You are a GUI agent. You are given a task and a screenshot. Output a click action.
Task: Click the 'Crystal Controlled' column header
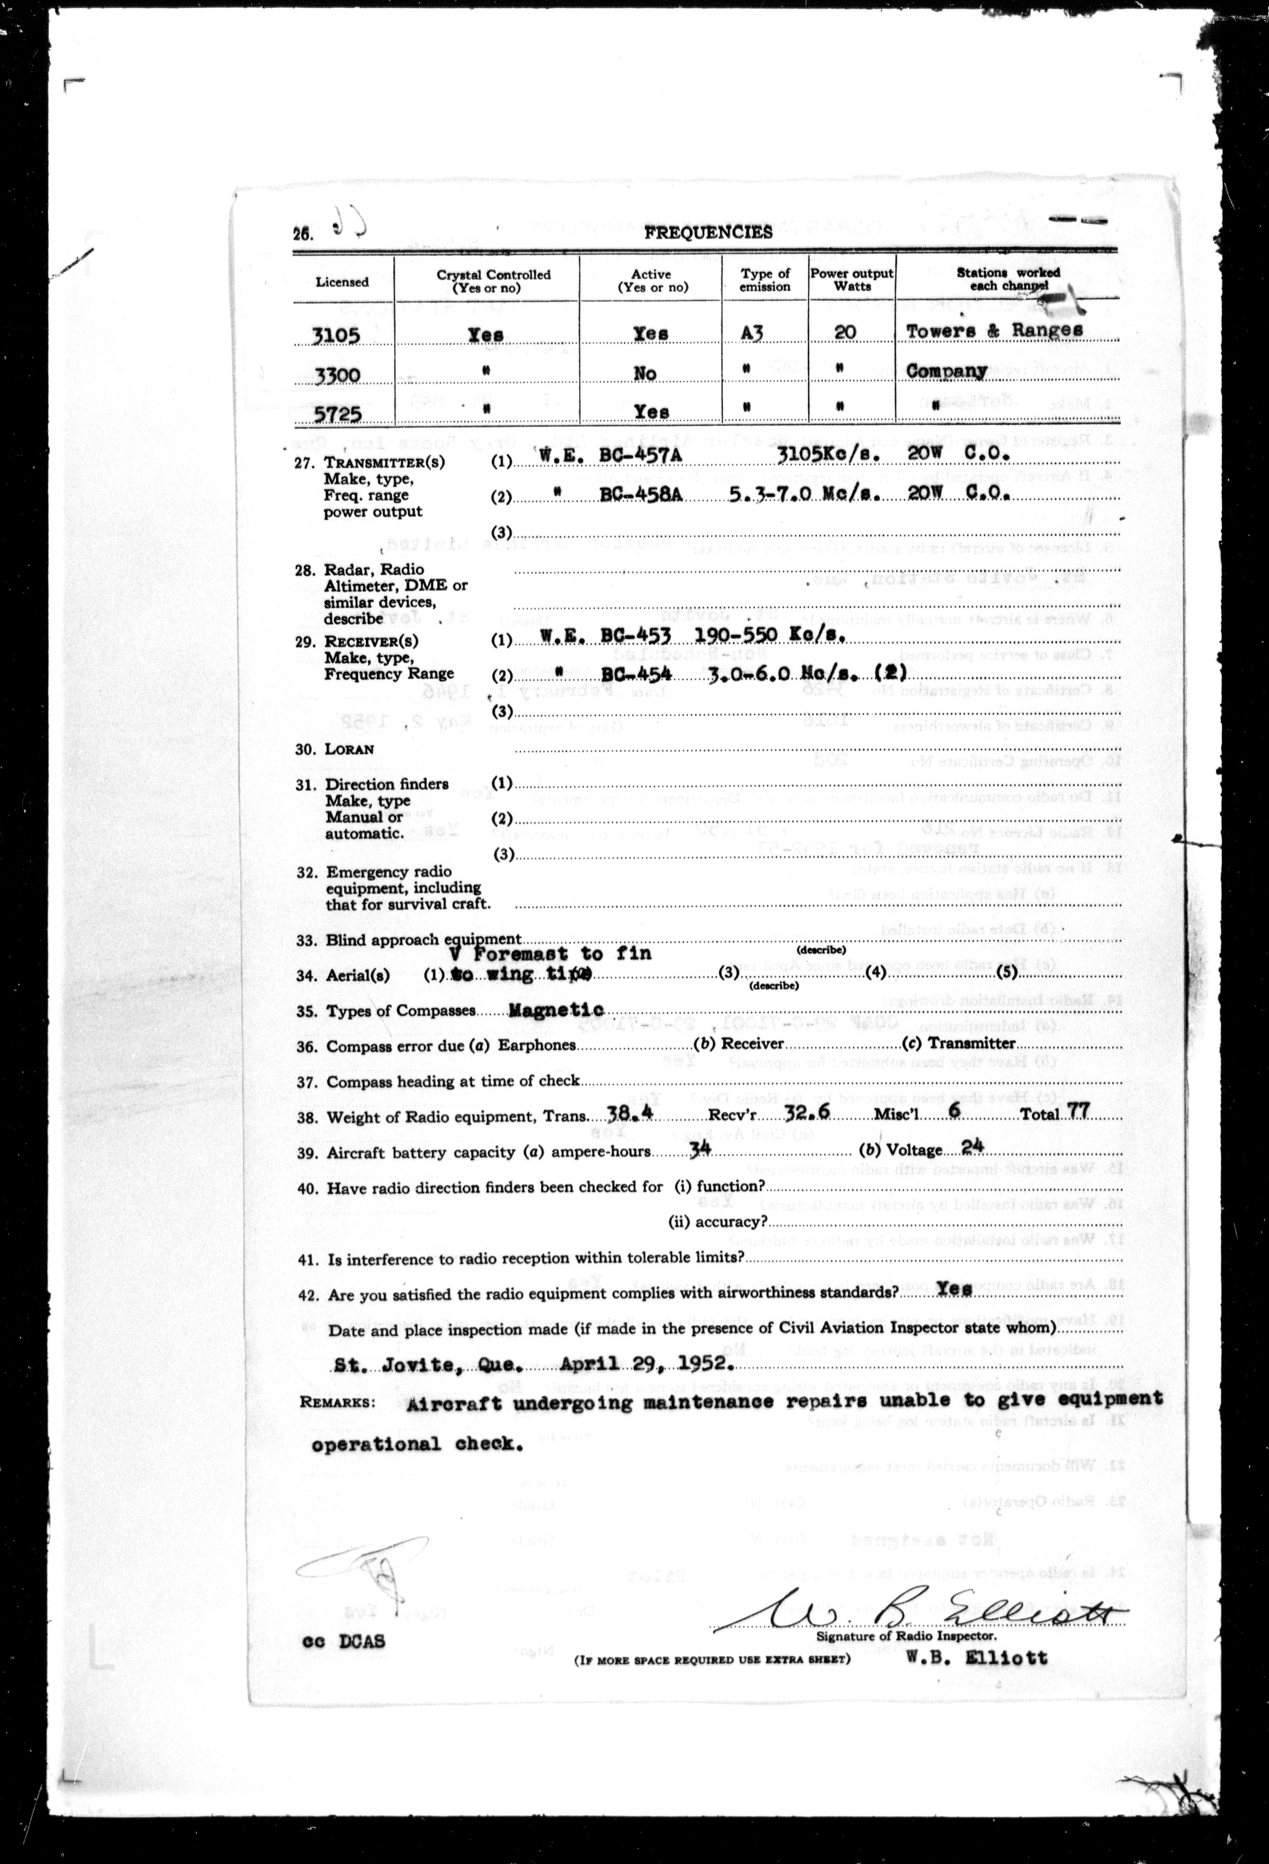tap(493, 280)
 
